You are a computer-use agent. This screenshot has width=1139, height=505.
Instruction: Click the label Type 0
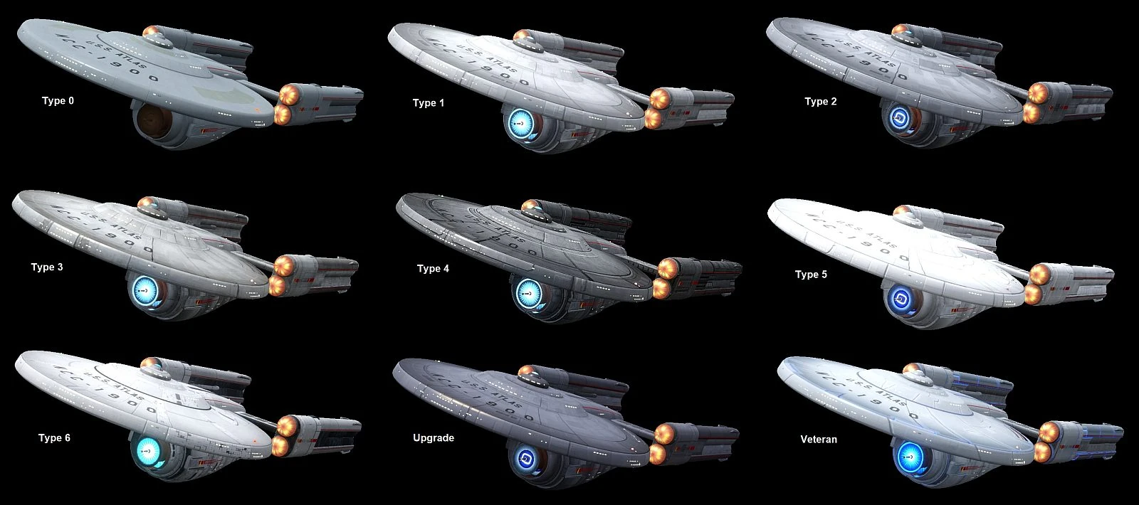pos(58,101)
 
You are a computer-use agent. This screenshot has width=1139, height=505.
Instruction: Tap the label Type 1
pos(429,103)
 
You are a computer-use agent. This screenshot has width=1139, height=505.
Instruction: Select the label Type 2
pos(821,102)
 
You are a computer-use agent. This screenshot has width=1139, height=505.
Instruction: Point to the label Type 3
pos(47,267)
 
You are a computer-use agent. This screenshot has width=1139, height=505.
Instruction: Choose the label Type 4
pos(433,269)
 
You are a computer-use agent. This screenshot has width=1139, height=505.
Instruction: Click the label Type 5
pos(811,275)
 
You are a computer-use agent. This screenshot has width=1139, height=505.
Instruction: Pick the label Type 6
pos(54,438)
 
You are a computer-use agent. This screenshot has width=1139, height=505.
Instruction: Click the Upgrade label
pos(434,438)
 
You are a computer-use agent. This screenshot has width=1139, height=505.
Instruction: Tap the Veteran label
pos(819,440)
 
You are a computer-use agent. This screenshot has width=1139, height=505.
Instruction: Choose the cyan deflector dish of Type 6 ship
pos(149,450)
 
